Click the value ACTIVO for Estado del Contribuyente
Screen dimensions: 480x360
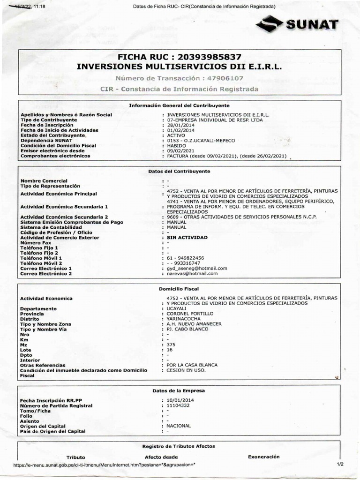pos(176,135)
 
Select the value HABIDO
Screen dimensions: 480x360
pos(176,145)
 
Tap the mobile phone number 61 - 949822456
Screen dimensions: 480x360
pos(185,258)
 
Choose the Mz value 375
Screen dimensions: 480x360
pos(171,344)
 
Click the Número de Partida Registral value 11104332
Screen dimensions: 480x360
pos(178,405)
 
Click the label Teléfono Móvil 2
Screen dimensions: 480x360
pos(41,263)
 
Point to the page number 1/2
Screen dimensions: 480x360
pos(340,464)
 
